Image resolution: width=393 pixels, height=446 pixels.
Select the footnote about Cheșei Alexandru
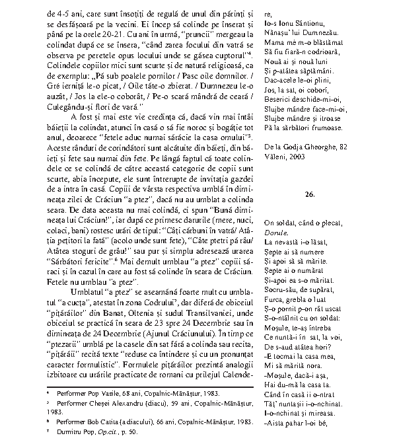(125, 402)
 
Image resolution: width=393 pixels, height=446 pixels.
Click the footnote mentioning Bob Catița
(125, 421)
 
